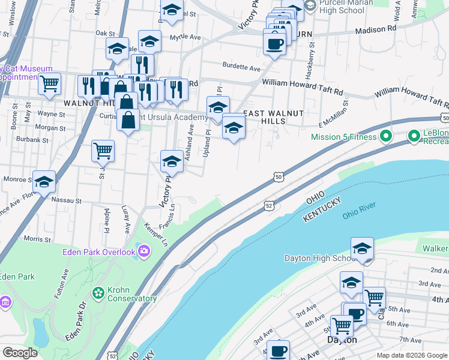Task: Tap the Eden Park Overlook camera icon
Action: pyautogui.click(x=143, y=251)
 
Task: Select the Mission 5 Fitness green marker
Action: pyautogui.click(x=387, y=137)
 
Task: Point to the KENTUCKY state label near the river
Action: pyautogui.click(x=322, y=209)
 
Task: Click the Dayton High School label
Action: pyautogui.click(x=321, y=259)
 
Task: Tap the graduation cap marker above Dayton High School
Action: pyautogui.click(x=363, y=248)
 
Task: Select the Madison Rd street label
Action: pyautogui.click(x=376, y=29)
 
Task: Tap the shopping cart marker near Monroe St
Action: pyautogui.click(x=103, y=151)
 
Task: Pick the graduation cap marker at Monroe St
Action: pyautogui.click(x=44, y=182)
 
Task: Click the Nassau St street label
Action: pyautogui.click(x=66, y=199)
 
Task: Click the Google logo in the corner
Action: pyautogui.click(x=20, y=353)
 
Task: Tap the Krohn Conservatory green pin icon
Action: pyautogui.click(x=98, y=293)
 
